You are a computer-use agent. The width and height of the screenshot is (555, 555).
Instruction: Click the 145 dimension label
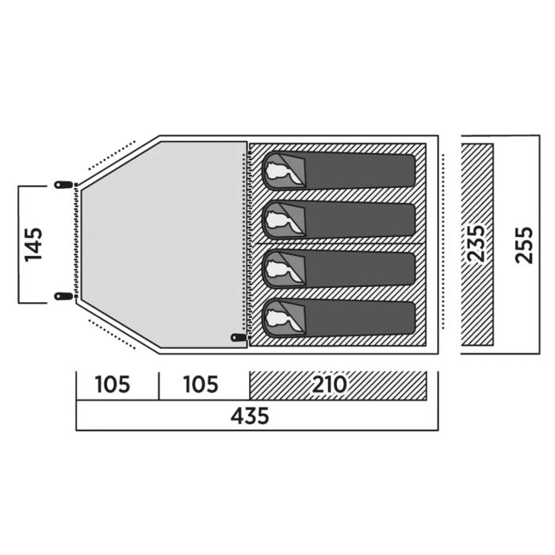point(34,244)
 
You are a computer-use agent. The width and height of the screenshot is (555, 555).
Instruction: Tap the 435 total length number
point(250,415)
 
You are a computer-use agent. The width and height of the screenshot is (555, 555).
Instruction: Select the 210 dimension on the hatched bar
point(329,385)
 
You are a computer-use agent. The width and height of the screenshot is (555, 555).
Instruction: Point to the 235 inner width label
point(476,244)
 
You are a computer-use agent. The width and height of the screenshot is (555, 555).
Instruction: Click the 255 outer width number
point(524,245)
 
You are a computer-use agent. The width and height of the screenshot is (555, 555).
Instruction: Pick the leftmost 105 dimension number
point(113,385)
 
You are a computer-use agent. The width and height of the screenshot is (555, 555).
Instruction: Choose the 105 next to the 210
point(201,385)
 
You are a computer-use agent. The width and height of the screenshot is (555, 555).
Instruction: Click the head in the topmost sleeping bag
point(280,171)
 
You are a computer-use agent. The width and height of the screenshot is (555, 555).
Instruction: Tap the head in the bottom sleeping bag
point(280,317)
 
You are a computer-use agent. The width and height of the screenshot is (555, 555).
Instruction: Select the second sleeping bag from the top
point(339,220)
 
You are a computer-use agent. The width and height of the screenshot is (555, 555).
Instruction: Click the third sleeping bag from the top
point(339,270)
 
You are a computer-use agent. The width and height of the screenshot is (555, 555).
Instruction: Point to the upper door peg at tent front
point(63,185)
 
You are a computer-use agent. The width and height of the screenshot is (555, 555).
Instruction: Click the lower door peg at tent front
point(63,296)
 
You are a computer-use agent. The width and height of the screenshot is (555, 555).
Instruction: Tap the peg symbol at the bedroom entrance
point(239,337)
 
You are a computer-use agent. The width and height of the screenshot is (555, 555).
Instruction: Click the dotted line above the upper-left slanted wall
point(112,155)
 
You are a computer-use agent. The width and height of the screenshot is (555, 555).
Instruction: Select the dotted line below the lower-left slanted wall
point(112,335)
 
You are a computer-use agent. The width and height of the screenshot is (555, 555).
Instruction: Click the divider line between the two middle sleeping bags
point(338,243)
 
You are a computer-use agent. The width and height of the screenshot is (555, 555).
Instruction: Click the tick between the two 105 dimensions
point(159,386)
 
